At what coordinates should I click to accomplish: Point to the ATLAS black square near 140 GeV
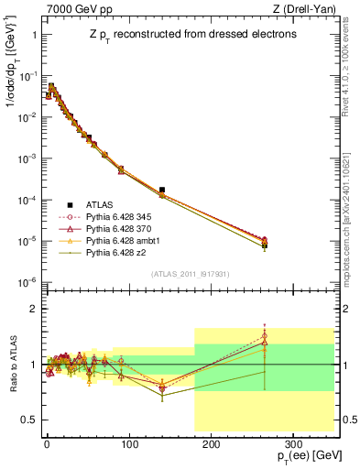pyautogui.click(x=162, y=190)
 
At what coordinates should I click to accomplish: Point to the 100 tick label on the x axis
pyautogui.click(x=128, y=443)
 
